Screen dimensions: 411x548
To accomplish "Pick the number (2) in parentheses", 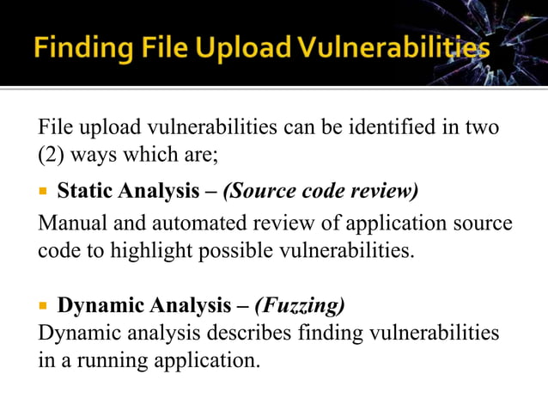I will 53,157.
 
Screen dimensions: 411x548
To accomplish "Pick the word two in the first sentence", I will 481,128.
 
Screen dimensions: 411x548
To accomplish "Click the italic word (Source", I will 258,189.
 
